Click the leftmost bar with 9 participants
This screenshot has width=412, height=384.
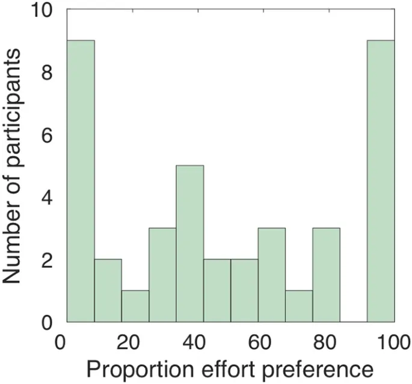[x=80, y=181]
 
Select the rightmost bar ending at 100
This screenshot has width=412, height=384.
[x=381, y=181]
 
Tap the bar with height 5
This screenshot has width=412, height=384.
[x=189, y=244]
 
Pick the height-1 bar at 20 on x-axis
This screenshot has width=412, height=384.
[x=135, y=306]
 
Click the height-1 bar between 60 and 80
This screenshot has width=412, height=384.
[x=299, y=306]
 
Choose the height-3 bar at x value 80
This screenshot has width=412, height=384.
[x=326, y=275]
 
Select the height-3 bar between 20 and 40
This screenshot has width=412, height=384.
[x=162, y=275]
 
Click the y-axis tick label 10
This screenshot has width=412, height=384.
[x=43, y=10]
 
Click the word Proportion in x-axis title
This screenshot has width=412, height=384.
[x=131, y=368]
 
